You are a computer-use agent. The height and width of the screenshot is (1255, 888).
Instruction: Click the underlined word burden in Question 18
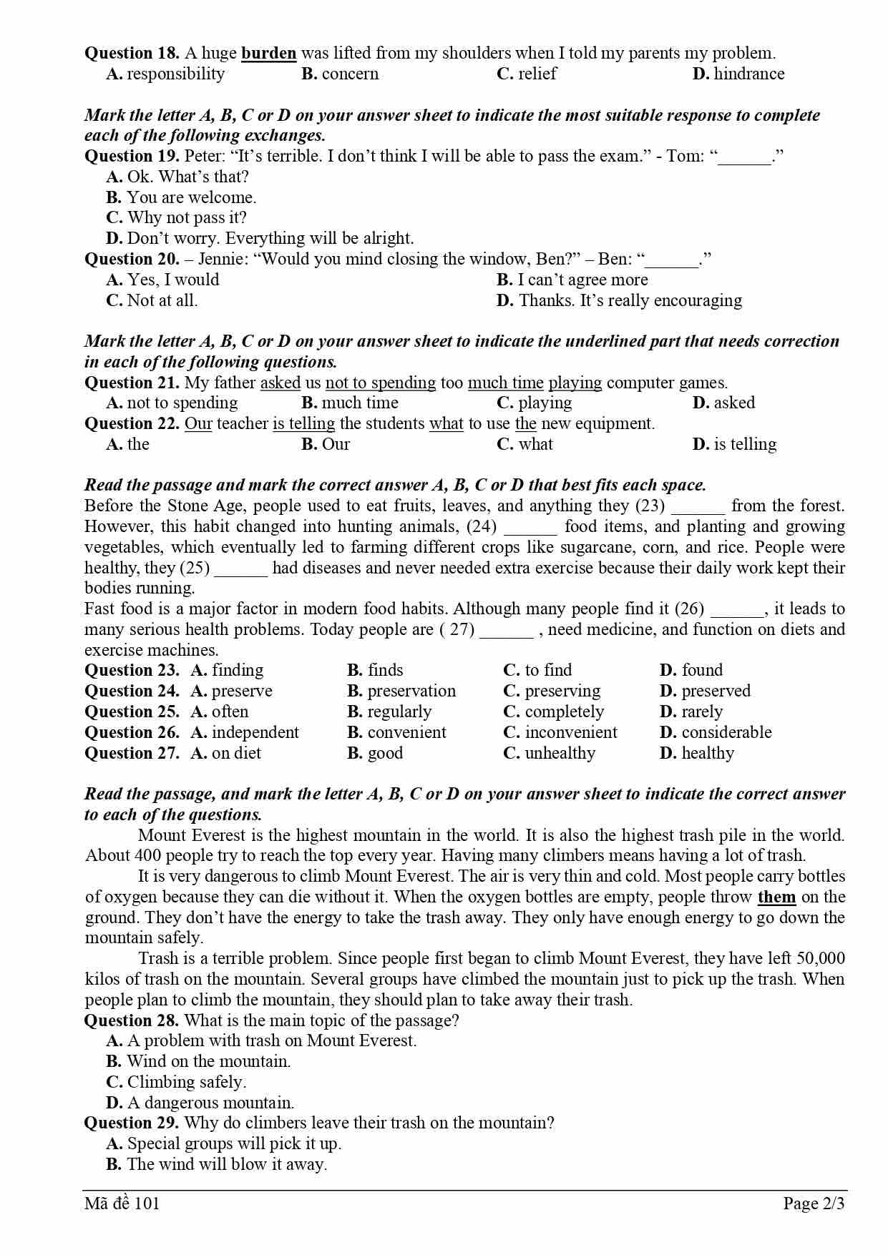[x=268, y=53]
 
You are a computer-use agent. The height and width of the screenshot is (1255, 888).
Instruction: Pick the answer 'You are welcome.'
[x=181, y=197]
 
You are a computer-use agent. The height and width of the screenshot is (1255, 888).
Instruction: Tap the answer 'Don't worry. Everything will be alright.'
[x=260, y=238]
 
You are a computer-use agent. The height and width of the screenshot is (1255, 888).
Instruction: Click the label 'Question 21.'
[x=132, y=383]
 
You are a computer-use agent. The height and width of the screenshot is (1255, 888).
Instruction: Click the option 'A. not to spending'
[x=172, y=403]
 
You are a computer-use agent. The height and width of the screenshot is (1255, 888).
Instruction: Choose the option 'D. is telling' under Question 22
[x=734, y=444]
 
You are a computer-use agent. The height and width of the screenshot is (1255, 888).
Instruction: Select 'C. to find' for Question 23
[x=537, y=670]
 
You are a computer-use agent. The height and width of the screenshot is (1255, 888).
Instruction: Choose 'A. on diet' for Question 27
[x=226, y=753]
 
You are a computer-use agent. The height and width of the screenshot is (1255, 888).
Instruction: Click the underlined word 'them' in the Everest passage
[x=776, y=897]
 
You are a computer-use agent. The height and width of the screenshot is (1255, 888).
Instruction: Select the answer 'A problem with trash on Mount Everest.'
[x=261, y=1040]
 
